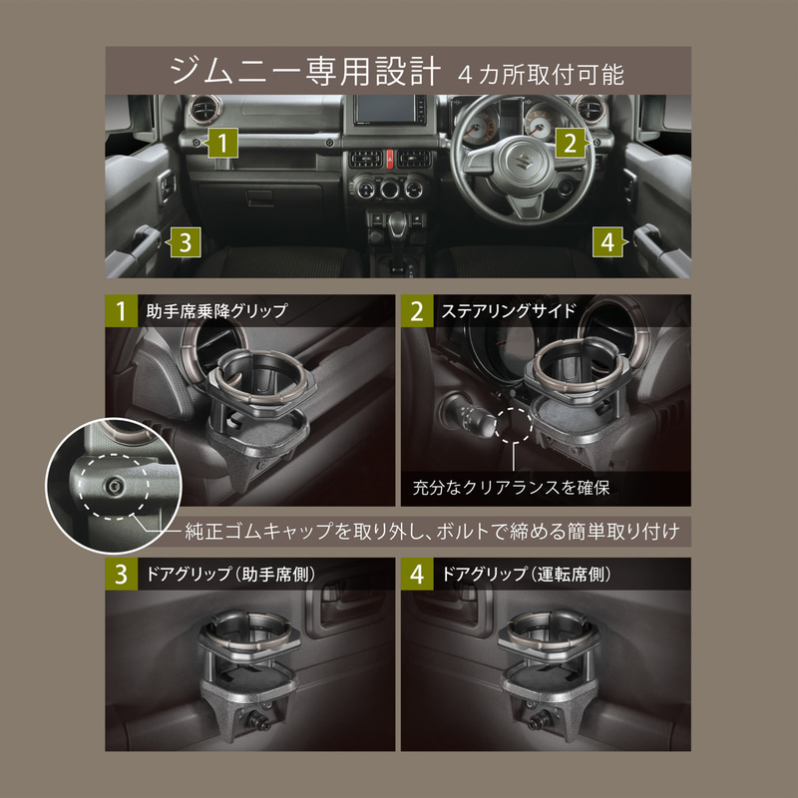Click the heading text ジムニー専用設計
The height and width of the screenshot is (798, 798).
(303, 71)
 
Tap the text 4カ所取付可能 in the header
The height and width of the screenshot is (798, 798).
(543, 74)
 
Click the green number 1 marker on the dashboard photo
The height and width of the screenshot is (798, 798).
(224, 143)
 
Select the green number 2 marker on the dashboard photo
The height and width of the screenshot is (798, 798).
(569, 143)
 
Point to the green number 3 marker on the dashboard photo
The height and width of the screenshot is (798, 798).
(186, 240)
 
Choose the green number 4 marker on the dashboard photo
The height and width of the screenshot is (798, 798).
(607, 240)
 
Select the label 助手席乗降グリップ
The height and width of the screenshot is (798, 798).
(215, 310)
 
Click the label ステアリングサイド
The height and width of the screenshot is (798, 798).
(508, 310)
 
